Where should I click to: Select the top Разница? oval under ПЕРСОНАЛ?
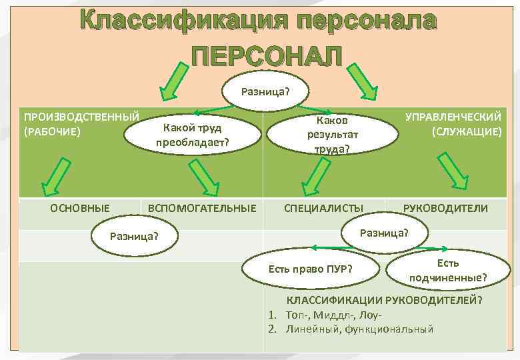tap(265, 91)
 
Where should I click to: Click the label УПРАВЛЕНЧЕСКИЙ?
tap(453, 117)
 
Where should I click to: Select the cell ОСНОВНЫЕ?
tap(81, 208)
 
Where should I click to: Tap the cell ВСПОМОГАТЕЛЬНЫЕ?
tap(202, 208)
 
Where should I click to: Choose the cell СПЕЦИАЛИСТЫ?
tap(324, 208)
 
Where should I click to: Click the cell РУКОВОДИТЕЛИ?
tap(445, 208)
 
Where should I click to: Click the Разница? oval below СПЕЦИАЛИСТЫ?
tap(384, 233)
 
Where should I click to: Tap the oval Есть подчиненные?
tap(447, 269)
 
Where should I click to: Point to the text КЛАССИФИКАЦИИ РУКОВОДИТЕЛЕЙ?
tap(384, 300)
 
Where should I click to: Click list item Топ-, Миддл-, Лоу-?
tap(333, 315)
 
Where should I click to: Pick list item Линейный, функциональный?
tap(359, 329)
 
